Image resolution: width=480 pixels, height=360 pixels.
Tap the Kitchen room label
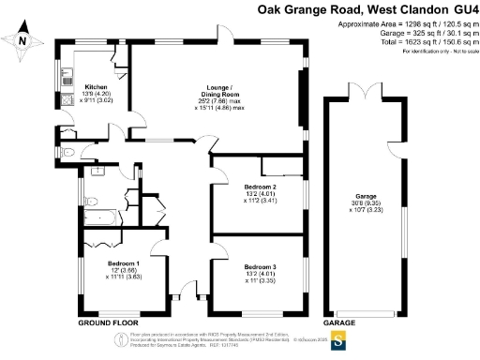tap(97, 87)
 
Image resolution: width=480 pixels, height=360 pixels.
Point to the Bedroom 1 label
tap(124, 263)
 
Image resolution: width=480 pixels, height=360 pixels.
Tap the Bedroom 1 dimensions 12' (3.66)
tap(124, 270)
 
